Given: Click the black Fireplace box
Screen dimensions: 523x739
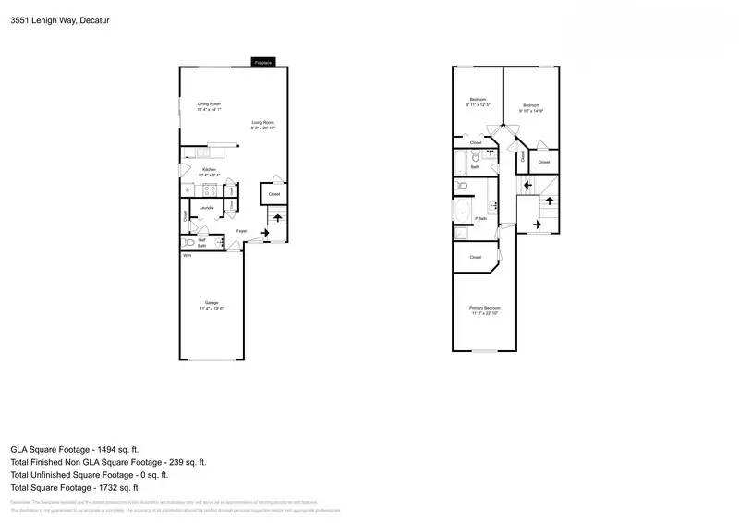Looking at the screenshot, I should coord(263,63).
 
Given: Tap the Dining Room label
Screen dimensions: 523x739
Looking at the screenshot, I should coord(209,104).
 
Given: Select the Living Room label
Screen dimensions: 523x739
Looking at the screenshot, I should coord(263,122).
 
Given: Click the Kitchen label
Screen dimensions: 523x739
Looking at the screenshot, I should coord(209,170).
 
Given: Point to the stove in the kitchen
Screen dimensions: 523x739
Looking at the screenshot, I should coord(210,190).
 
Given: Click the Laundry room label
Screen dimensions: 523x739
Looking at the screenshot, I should coord(207,208).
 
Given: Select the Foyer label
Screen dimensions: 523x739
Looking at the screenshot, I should coord(241,230).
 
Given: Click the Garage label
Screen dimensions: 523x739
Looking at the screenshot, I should coord(212,303).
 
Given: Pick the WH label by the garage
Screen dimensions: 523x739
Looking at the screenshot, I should coord(186,255).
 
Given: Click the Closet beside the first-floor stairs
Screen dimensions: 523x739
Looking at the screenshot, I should coord(273,194).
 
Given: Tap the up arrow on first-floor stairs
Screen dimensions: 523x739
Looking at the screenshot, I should coord(278,218).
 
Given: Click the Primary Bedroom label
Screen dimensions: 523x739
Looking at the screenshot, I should coord(483,308).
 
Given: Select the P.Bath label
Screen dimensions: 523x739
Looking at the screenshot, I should coord(480,219).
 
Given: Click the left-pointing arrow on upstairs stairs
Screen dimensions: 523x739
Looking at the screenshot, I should coord(527,186).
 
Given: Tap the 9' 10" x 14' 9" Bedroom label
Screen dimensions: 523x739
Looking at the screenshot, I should coord(531,108).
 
